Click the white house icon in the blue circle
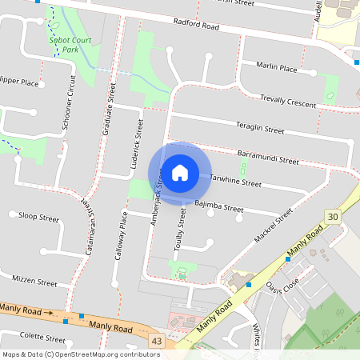tap(179, 173)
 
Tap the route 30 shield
tap(333, 216)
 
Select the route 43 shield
tap(156, 342)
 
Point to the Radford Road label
tap(196, 25)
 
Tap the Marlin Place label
tap(277, 69)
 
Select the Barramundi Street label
tap(268, 156)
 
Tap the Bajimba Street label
tap(218, 207)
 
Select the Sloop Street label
tap(38, 217)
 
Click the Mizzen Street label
tap(34, 281)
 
